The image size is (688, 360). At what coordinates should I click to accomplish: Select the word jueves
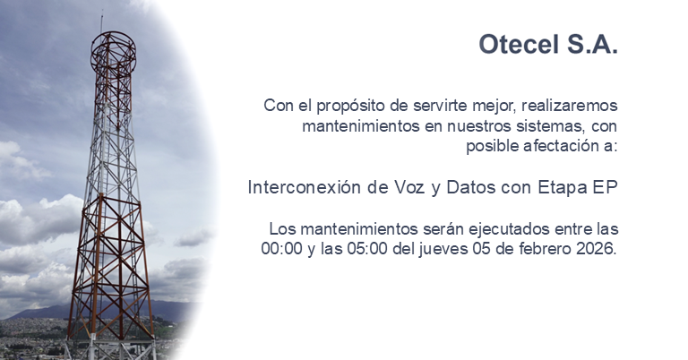[450, 249]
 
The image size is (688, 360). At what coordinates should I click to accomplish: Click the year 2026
[597, 249]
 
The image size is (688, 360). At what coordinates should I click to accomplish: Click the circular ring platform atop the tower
[114, 45]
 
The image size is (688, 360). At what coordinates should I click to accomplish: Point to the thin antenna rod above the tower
[101, 20]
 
